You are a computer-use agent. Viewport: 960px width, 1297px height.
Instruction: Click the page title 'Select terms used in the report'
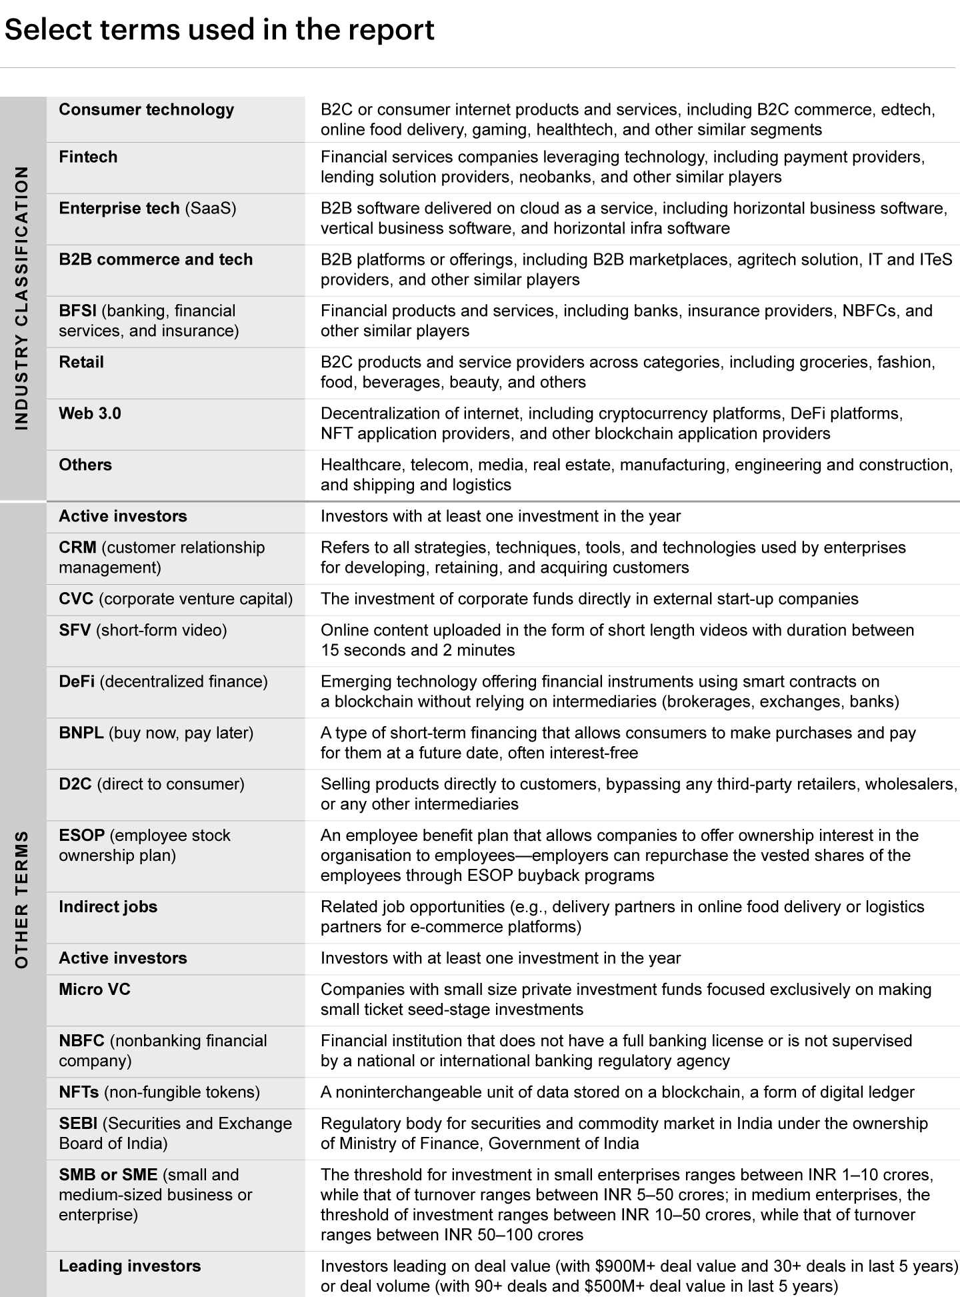pos(219,30)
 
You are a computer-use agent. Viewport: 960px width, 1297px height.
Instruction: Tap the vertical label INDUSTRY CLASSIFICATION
pos(22,297)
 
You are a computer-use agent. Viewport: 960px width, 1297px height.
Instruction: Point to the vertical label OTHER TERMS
pos(22,898)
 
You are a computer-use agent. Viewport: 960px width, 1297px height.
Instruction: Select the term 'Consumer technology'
pos(146,110)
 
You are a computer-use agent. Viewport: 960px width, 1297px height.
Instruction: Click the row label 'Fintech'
pos(88,157)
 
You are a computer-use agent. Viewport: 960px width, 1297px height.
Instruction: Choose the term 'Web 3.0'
pos(90,413)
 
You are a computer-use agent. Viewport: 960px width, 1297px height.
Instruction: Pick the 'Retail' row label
pos(81,362)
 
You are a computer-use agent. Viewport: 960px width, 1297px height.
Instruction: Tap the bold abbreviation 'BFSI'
pos(77,311)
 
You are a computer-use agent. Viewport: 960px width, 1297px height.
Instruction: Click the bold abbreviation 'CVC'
pos(76,599)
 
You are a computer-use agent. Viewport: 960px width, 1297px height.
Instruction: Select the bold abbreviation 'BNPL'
pos(81,733)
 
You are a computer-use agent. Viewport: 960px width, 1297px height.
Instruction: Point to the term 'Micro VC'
pos(95,990)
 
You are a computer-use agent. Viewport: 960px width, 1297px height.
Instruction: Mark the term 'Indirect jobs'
pos(108,907)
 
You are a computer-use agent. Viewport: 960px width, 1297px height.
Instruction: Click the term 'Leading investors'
pos(129,1266)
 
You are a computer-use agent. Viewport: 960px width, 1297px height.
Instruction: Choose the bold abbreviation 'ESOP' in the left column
pos(81,836)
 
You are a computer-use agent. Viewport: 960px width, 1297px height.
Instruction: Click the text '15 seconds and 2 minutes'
pos(417,650)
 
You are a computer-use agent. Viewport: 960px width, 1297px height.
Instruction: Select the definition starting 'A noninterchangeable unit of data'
pos(617,1092)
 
